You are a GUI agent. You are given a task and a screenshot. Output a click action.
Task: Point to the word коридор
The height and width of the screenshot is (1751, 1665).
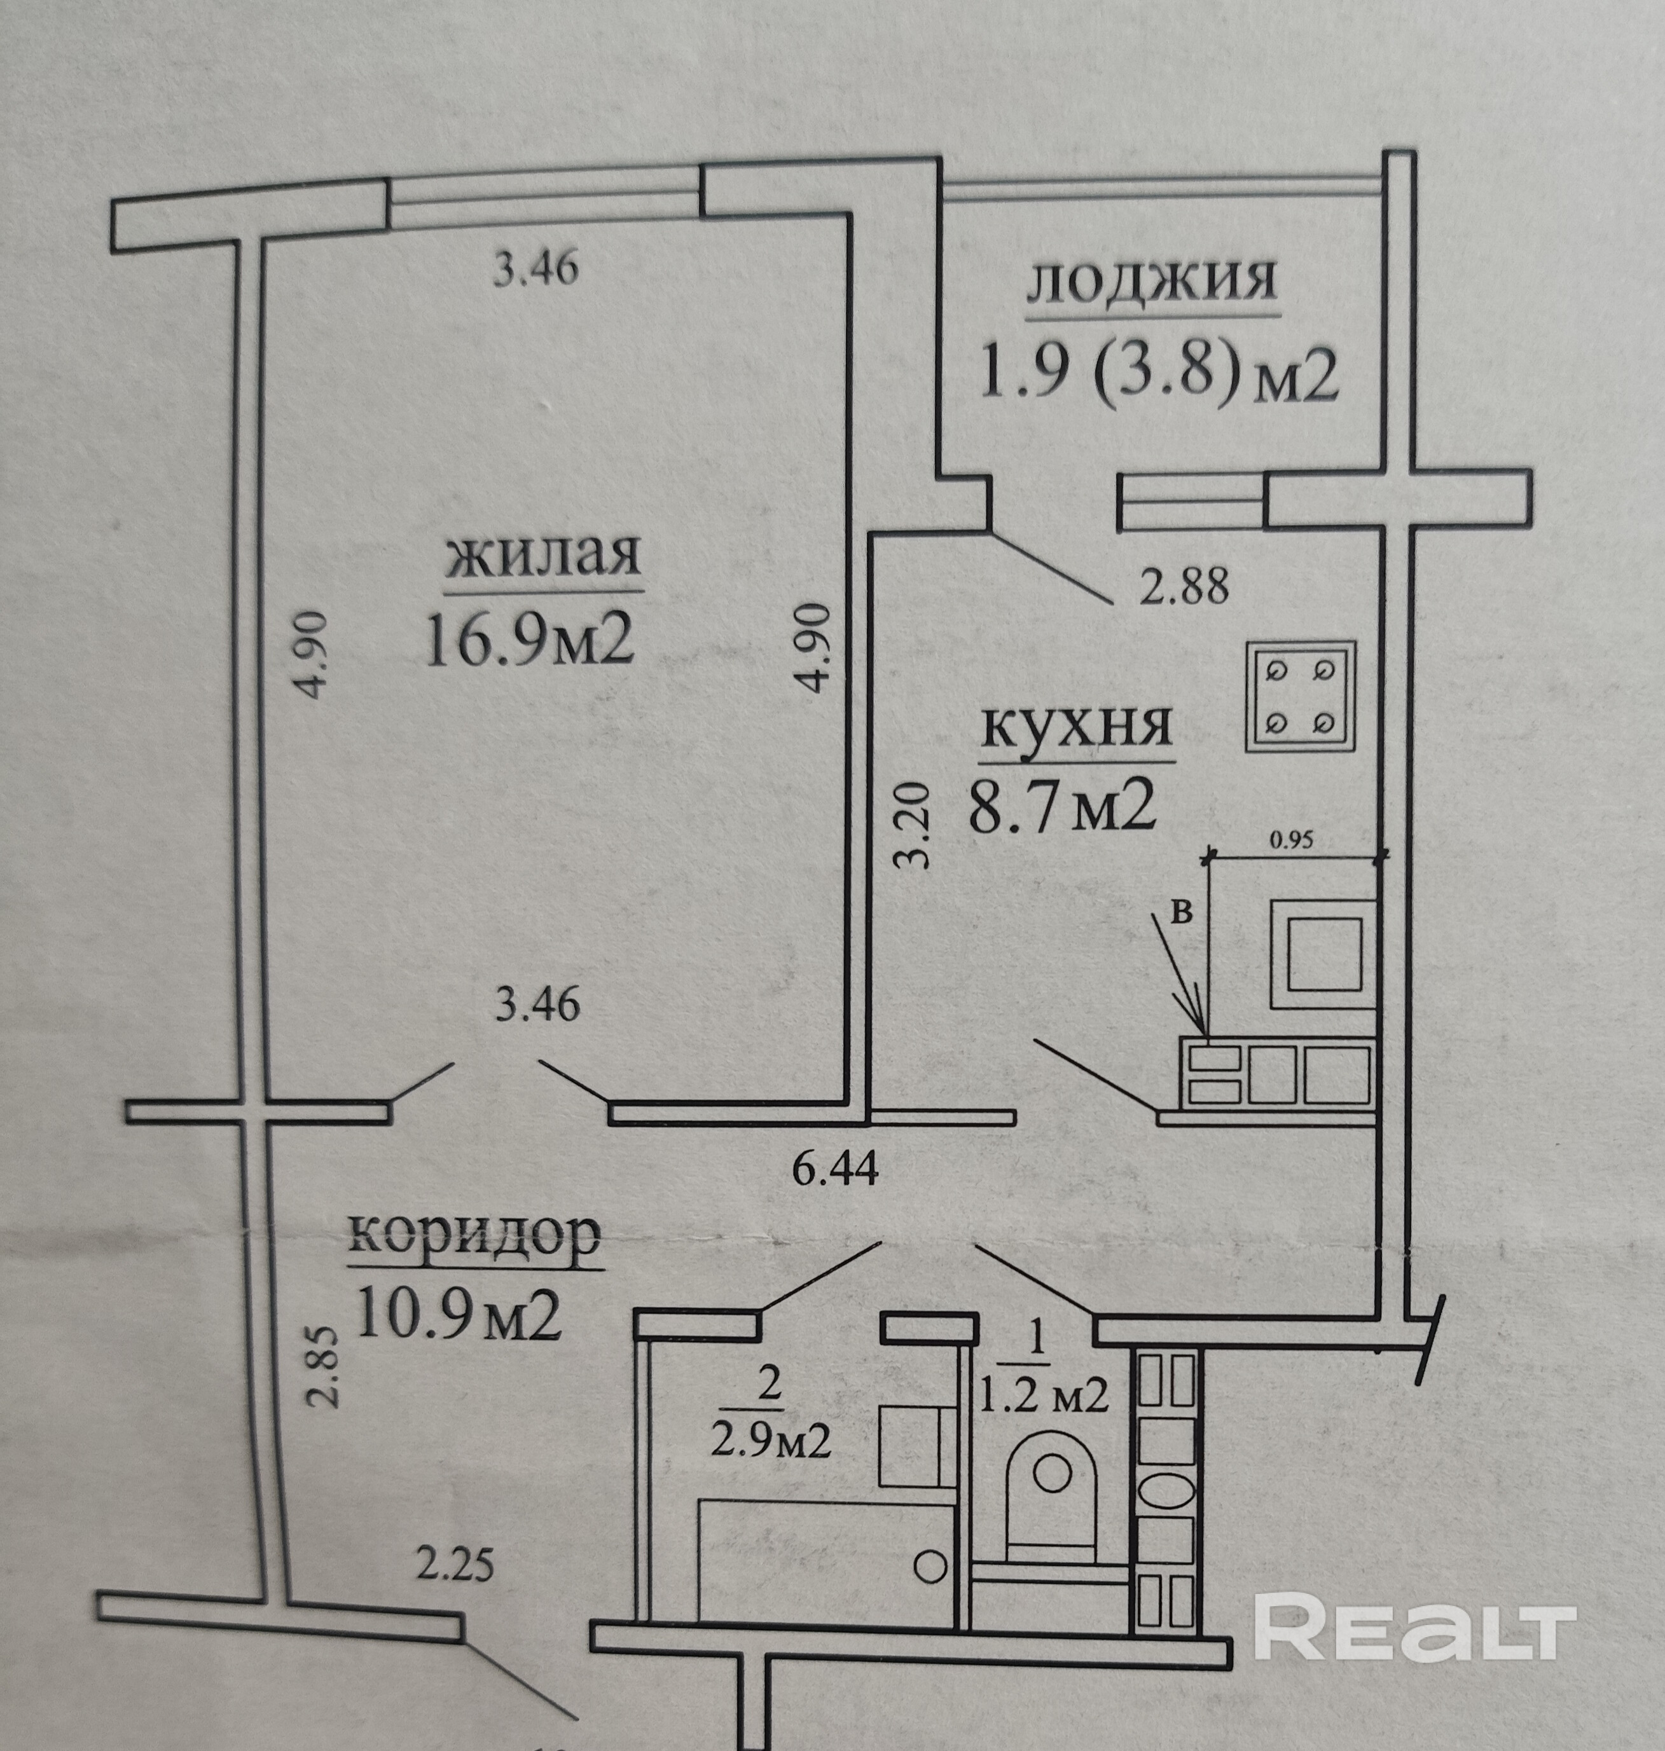pos(476,1233)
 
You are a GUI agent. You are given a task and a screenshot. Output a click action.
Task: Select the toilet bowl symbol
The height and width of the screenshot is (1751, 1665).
pos(1052,1478)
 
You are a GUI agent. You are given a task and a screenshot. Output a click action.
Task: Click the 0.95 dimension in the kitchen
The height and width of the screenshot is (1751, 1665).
pos(1290,839)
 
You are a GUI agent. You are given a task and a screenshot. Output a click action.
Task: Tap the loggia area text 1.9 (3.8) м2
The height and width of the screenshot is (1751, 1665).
pos(1157,374)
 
